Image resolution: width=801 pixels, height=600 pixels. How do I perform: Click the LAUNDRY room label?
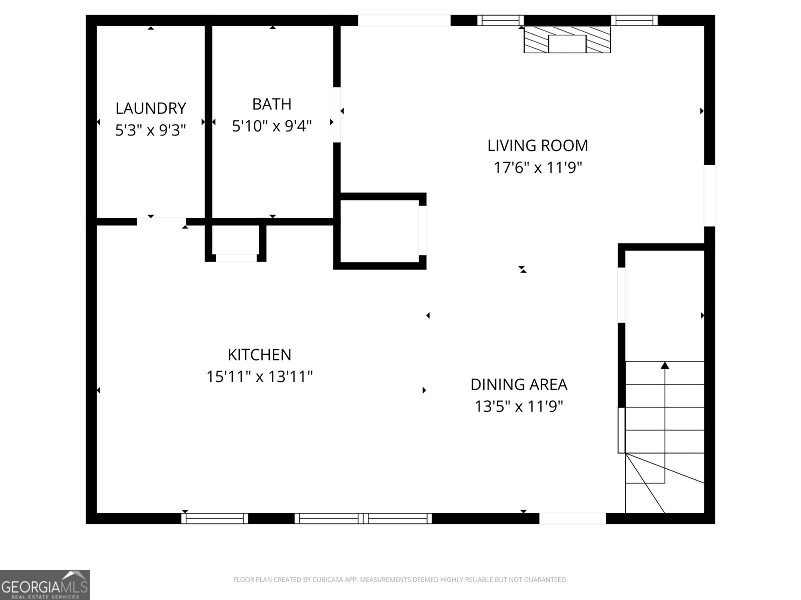151,108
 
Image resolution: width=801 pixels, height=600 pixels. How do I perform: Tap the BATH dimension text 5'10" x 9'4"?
272,126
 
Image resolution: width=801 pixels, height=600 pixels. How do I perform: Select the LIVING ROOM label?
538,145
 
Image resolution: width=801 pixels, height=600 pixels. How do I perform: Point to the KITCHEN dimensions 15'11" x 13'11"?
259,376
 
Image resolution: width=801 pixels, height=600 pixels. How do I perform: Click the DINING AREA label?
519,384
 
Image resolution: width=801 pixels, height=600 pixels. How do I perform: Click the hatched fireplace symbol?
567,40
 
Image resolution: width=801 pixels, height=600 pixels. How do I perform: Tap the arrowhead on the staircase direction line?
665,365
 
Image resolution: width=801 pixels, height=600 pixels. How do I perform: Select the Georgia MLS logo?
45,584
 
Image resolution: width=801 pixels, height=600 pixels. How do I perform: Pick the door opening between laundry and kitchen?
161,221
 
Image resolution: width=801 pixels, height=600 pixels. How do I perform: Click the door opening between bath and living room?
337,114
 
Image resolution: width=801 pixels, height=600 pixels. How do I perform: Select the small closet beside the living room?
379,231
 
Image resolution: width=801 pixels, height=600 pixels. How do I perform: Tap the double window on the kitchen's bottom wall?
363,518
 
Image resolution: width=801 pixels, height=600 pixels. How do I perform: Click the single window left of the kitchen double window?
215,518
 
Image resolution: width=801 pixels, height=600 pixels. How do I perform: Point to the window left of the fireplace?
500,20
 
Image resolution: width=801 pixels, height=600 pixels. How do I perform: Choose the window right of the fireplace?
634,20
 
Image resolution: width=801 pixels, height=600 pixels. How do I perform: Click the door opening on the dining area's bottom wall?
572,518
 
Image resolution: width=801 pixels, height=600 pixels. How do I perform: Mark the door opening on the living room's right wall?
709,195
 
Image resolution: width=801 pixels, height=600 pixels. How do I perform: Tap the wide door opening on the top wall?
404,20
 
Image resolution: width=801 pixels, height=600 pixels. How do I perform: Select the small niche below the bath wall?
236,242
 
